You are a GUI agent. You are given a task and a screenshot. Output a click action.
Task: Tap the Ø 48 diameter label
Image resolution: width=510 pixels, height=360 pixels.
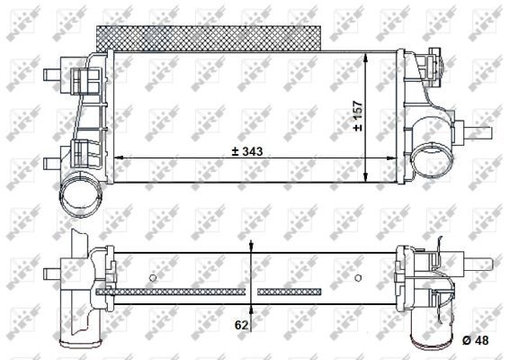tap(477, 339)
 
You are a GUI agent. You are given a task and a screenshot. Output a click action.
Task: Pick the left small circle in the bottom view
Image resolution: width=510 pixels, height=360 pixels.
tap(154, 276)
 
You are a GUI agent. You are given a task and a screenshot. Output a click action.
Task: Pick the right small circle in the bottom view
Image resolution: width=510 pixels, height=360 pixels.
tap(360, 276)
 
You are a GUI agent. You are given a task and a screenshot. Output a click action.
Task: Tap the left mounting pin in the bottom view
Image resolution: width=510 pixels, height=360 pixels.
tap(62, 269)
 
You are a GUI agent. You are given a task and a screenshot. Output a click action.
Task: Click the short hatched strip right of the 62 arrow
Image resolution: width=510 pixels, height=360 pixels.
tap(289, 292)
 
